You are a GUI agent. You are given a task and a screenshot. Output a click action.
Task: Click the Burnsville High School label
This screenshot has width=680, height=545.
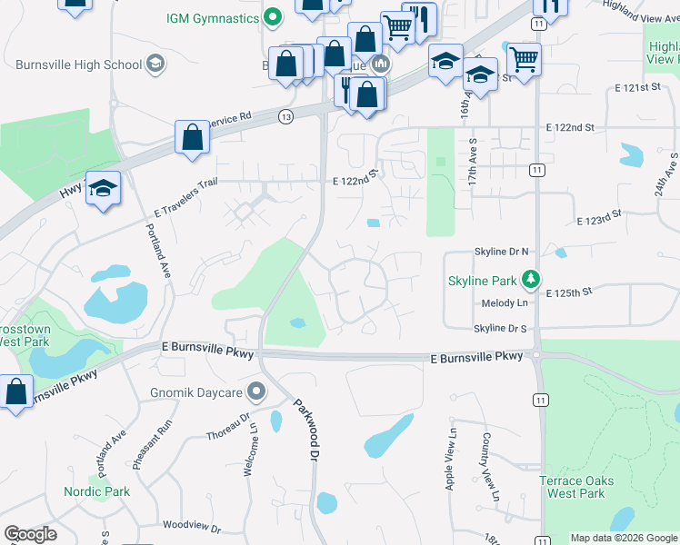(79, 64)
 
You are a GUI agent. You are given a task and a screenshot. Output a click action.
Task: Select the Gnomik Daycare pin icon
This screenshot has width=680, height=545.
(256, 392)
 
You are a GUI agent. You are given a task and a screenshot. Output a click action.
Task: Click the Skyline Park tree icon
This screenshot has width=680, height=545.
(536, 281)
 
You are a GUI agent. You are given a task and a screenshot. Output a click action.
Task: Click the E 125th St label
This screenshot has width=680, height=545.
(569, 292)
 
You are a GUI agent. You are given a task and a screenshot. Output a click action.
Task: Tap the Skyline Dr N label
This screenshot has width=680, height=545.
(501, 251)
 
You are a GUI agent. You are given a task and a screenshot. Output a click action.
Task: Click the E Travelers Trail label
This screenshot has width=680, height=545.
(183, 199)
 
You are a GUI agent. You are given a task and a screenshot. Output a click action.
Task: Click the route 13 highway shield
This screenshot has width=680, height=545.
(286, 116)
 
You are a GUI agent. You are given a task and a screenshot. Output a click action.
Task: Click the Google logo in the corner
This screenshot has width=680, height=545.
(30, 534)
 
